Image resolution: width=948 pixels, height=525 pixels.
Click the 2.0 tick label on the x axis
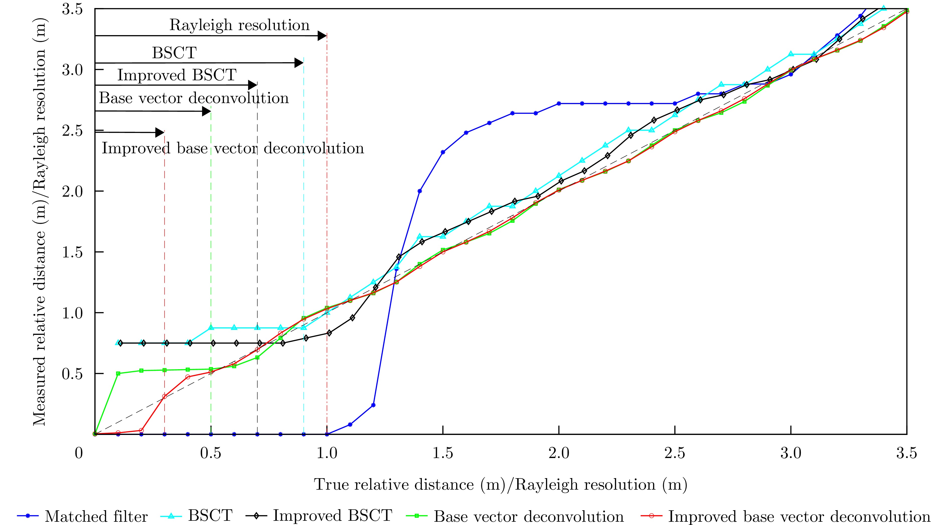tap(559, 453)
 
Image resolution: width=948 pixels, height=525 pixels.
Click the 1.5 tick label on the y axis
tap(72, 252)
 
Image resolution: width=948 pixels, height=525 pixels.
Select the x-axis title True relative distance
tap(501, 485)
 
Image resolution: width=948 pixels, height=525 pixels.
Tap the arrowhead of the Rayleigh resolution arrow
tap(322, 36)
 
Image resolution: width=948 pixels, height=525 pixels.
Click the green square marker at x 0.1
tap(118, 373)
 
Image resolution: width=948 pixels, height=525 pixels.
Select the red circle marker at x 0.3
tap(165, 397)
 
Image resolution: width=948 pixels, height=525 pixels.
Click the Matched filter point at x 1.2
tap(373, 405)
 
